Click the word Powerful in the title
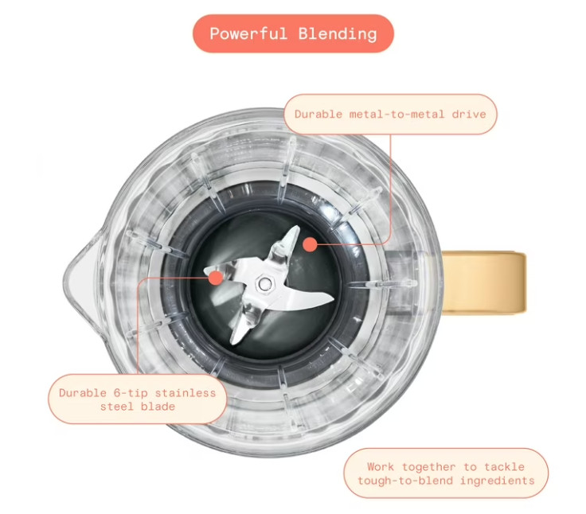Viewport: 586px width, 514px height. click(x=248, y=33)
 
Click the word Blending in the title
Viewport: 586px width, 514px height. click(x=338, y=34)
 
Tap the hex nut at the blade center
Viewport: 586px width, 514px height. click(x=264, y=283)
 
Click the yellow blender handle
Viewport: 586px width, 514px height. click(x=484, y=282)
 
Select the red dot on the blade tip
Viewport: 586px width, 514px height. click(x=216, y=278)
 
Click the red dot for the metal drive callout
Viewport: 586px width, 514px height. click(x=310, y=245)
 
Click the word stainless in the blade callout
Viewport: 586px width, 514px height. click(x=186, y=393)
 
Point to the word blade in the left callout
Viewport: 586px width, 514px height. click(x=158, y=407)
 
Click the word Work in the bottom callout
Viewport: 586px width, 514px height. click(x=381, y=467)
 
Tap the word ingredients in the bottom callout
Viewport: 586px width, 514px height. click(x=497, y=481)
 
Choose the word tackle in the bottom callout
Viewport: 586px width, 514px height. click(x=504, y=467)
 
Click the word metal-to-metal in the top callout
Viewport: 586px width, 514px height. click(x=397, y=114)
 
